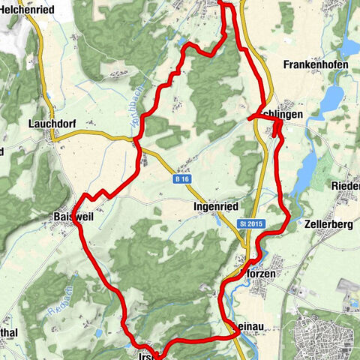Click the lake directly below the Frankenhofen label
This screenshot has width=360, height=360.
(331, 97)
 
